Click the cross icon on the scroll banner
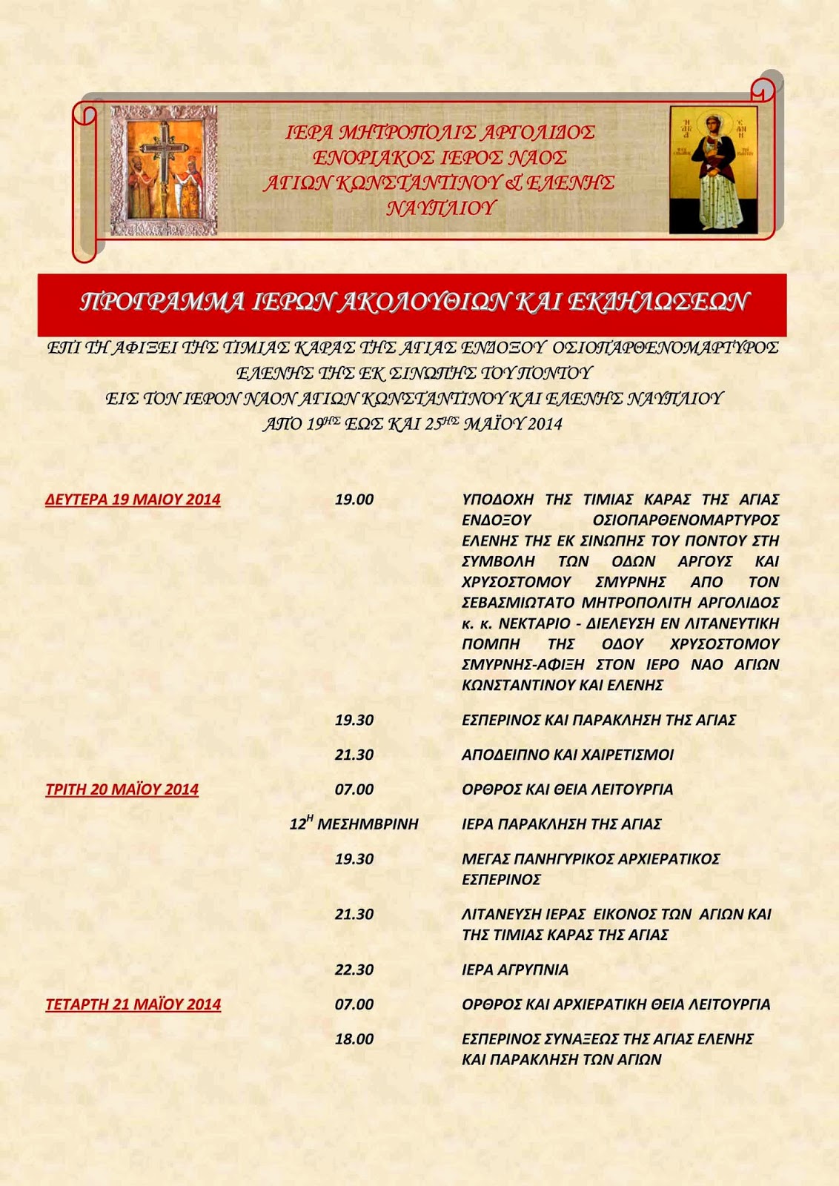point(164,170)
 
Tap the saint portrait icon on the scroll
point(713,170)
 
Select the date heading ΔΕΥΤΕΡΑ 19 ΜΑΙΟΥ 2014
point(133,500)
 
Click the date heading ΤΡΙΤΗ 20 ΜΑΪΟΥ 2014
point(122,789)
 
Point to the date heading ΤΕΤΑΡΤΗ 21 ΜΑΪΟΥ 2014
point(133,1004)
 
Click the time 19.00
point(354,500)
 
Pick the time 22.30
point(354,970)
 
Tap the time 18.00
point(354,1039)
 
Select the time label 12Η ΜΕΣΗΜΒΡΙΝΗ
point(354,824)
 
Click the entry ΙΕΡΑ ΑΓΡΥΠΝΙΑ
point(515,970)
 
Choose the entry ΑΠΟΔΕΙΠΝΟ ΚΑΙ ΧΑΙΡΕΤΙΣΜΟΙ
point(568,755)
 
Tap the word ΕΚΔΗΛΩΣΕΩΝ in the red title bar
point(659,302)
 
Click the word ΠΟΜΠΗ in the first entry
point(491,644)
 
